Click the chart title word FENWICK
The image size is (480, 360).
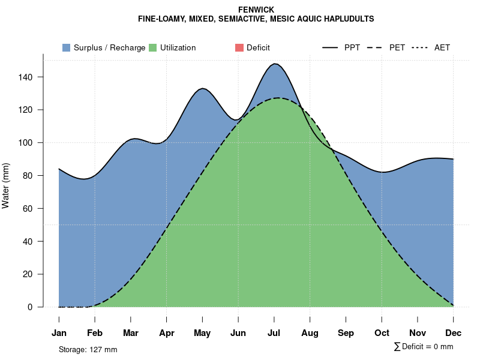[256, 10]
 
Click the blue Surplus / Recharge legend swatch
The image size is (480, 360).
[66, 47]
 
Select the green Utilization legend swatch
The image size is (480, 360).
[153, 47]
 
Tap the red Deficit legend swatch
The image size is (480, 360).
[239, 47]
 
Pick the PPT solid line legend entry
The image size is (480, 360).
[341, 47]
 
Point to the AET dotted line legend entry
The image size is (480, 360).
[431, 47]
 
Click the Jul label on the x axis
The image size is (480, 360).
[274, 333]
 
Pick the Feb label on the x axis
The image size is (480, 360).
[95, 333]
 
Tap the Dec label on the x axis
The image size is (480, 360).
[454, 333]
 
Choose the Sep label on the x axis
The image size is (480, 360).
[346, 333]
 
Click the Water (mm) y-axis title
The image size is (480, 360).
[6, 186]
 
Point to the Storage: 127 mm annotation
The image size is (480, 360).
[88, 349]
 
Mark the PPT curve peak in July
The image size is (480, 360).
[275, 64]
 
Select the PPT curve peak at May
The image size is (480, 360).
[203, 88]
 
